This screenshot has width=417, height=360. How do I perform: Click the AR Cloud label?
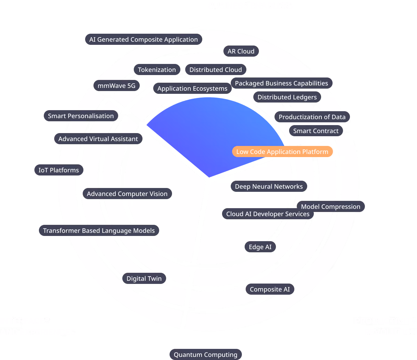tap(241, 51)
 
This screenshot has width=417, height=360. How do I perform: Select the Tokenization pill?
tap(157, 70)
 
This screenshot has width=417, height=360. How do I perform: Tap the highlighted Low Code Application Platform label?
tap(282, 152)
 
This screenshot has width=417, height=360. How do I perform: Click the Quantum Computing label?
tap(205, 355)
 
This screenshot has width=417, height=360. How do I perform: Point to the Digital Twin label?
tap(144, 279)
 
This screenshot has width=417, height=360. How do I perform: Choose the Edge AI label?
tap(260, 247)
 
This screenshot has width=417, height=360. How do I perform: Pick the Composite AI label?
tap(270, 289)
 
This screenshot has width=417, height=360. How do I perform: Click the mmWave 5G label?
tap(116, 85)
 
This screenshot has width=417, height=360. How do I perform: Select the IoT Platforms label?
tap(59, 170)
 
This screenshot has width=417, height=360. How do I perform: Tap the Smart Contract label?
tap(316, 131)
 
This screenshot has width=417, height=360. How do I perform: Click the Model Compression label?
tap(330, 207)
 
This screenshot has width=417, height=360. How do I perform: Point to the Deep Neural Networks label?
tap(269, 187)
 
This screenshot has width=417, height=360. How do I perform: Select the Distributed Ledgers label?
tap(287, 97)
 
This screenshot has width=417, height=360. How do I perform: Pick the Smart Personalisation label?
tap(81, 116)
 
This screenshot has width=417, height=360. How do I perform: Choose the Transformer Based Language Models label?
tap(99, 231)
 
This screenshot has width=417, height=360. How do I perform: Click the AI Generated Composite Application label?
tap(143, 40)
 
